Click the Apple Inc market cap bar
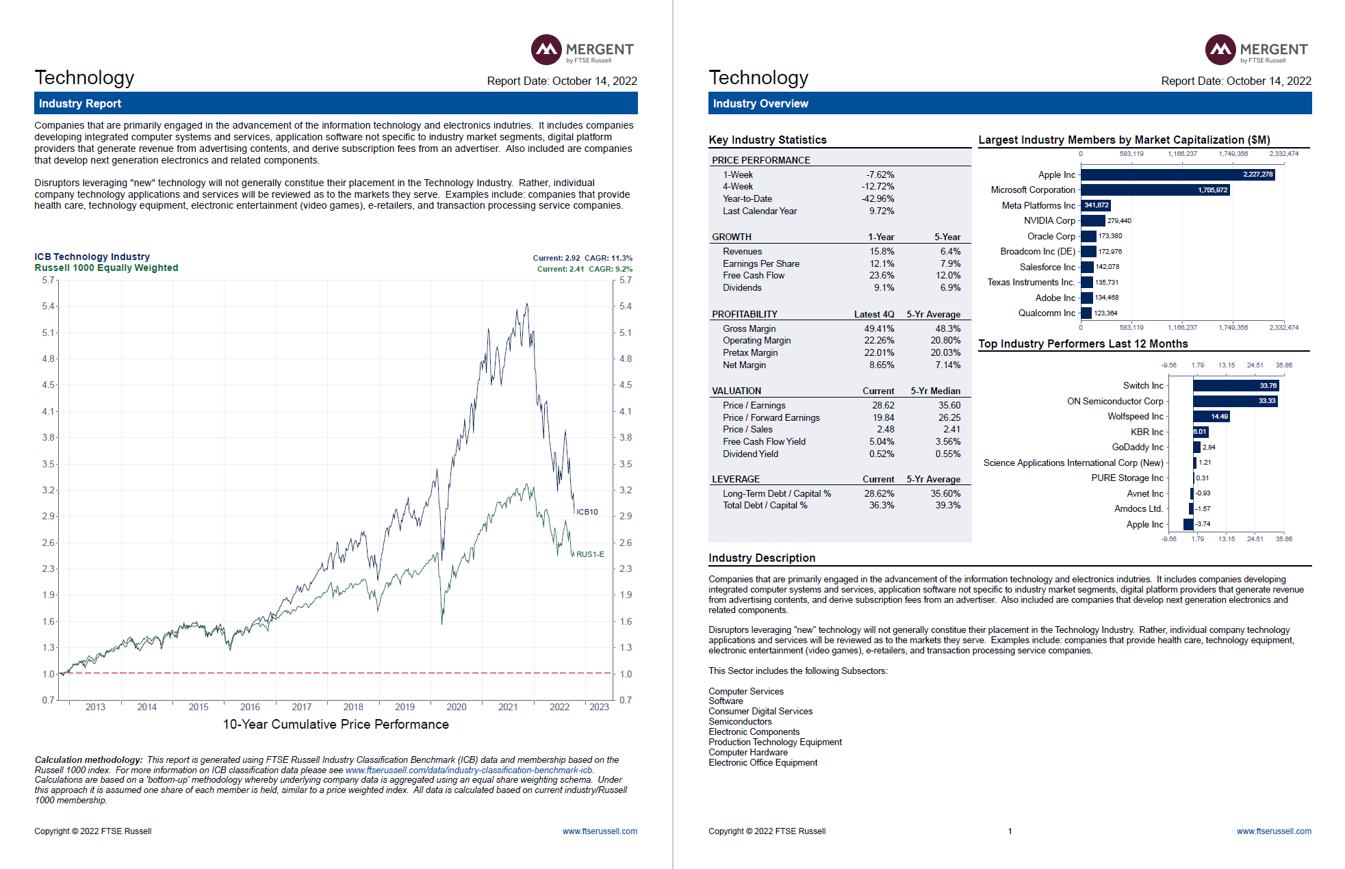click(x=1177, y=174)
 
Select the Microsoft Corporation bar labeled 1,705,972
click(x=1155, y=190)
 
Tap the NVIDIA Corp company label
click(x=1049, y=221)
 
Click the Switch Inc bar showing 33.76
click(x=1235, y=386)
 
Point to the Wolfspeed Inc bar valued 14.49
click(x=1211, y=417)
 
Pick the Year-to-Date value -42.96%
click(x=878, y=199)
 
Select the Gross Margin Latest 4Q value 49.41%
click(x=879, y=329)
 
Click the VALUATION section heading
click(x=736, y=391)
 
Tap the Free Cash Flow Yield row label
click(x=764, y=442)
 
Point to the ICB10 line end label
click(x=587, y=512)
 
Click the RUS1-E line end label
click(x=589, y=554)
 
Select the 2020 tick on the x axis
click(x=456, y=708)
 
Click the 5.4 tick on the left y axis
click(x=48, y=307)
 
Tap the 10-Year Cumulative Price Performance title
click(x=335, y=725)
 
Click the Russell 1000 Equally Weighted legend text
click(x=106, y=268)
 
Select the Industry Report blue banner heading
click(x=80, y=104)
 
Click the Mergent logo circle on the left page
click(x=546, y=49)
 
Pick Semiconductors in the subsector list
click(x=740, y=722)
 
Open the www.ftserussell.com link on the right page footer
click(x=1273, y=831)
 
